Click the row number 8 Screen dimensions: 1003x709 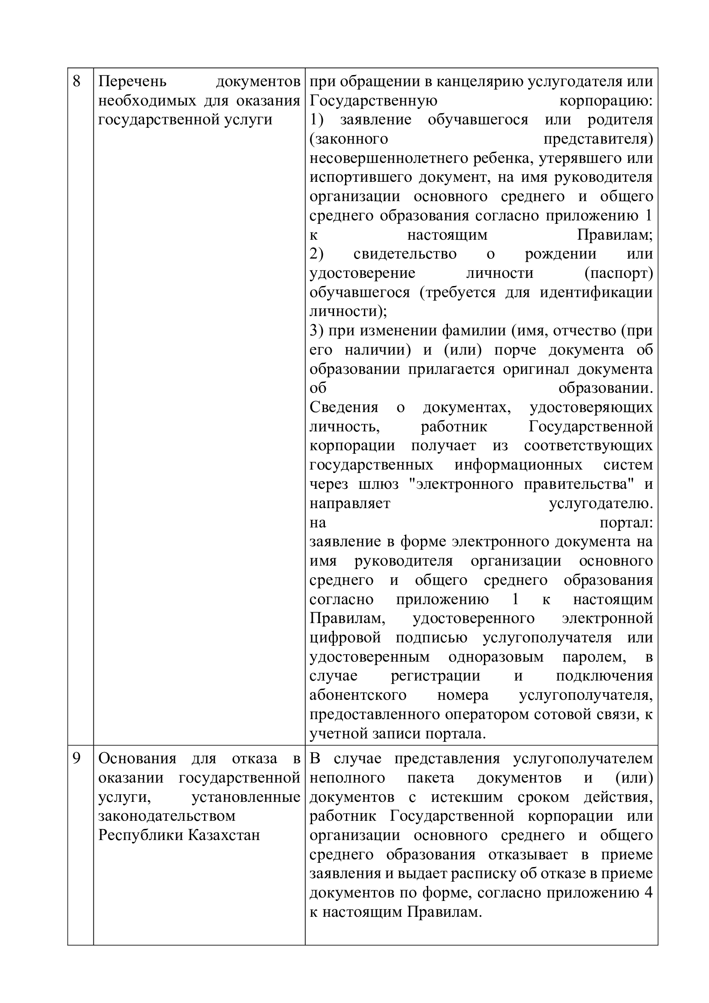[76, 81]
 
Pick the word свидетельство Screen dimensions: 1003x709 [405, 254]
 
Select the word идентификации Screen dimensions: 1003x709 [596, 292]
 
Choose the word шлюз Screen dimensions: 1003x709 [379, 484]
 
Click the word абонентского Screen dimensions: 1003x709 [358, 695]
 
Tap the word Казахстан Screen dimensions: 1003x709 [224, 835]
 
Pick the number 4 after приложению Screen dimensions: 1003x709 [648, 892]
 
